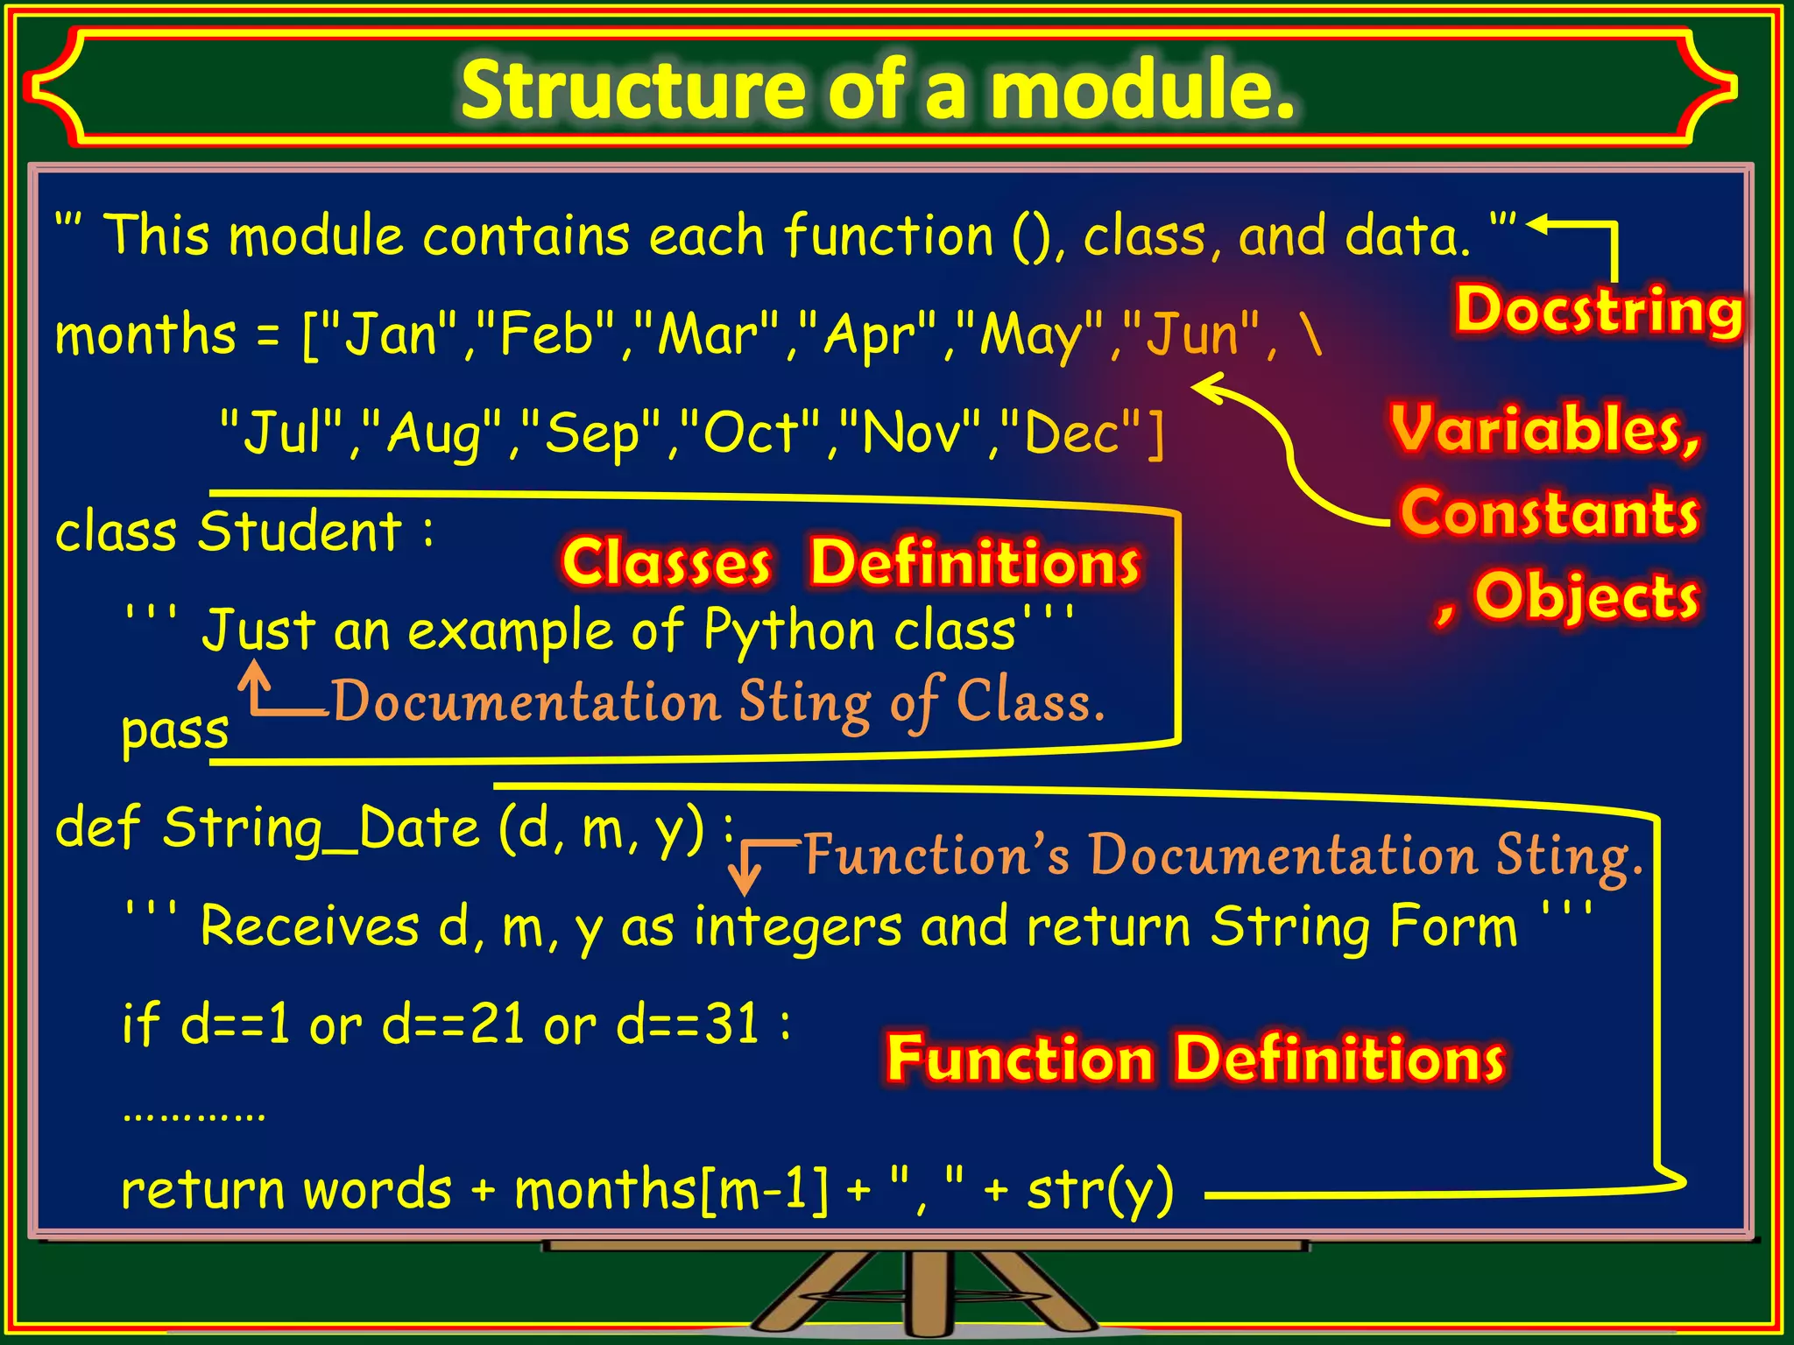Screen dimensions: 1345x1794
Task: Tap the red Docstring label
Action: point(1599,312)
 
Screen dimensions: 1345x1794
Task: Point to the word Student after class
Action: point(300,532)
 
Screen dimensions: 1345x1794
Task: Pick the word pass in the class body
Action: point(174,730)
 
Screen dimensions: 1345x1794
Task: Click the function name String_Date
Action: point(321,828)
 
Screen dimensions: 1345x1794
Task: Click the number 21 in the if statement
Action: point(497,1024)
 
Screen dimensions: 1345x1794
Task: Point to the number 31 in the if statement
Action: point(731,1024)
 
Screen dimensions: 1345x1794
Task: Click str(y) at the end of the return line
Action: point(1099,1191)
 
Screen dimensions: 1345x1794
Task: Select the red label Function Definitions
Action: point(1195,1060)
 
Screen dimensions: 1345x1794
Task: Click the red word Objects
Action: point(1586,596)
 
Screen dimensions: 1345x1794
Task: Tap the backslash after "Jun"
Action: point(1311,335)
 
